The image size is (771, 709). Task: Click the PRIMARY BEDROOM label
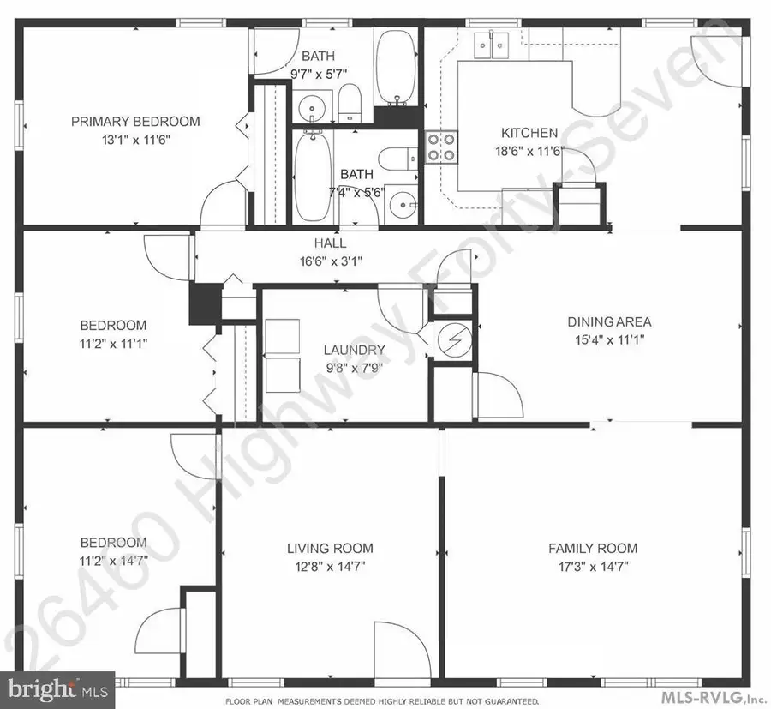click(x=135, y=122)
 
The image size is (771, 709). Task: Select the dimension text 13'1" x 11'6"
click(x=135, y=139)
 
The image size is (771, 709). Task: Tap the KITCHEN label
click(x=529, y=133)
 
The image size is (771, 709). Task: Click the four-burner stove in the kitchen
click(x=441, y=147)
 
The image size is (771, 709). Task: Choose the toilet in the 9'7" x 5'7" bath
click(x=349, y=104)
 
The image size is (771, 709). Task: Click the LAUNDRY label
click(x=354, y=350)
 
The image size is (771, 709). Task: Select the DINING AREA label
click(x=609, y=322)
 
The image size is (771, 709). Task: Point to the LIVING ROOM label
click(x=330, y=549)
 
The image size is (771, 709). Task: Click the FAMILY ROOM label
click(x=593, y=549)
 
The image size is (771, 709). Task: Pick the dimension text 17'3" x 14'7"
click(x=593, y=566)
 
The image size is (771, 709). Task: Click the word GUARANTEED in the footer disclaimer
click(x=508, y=702)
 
